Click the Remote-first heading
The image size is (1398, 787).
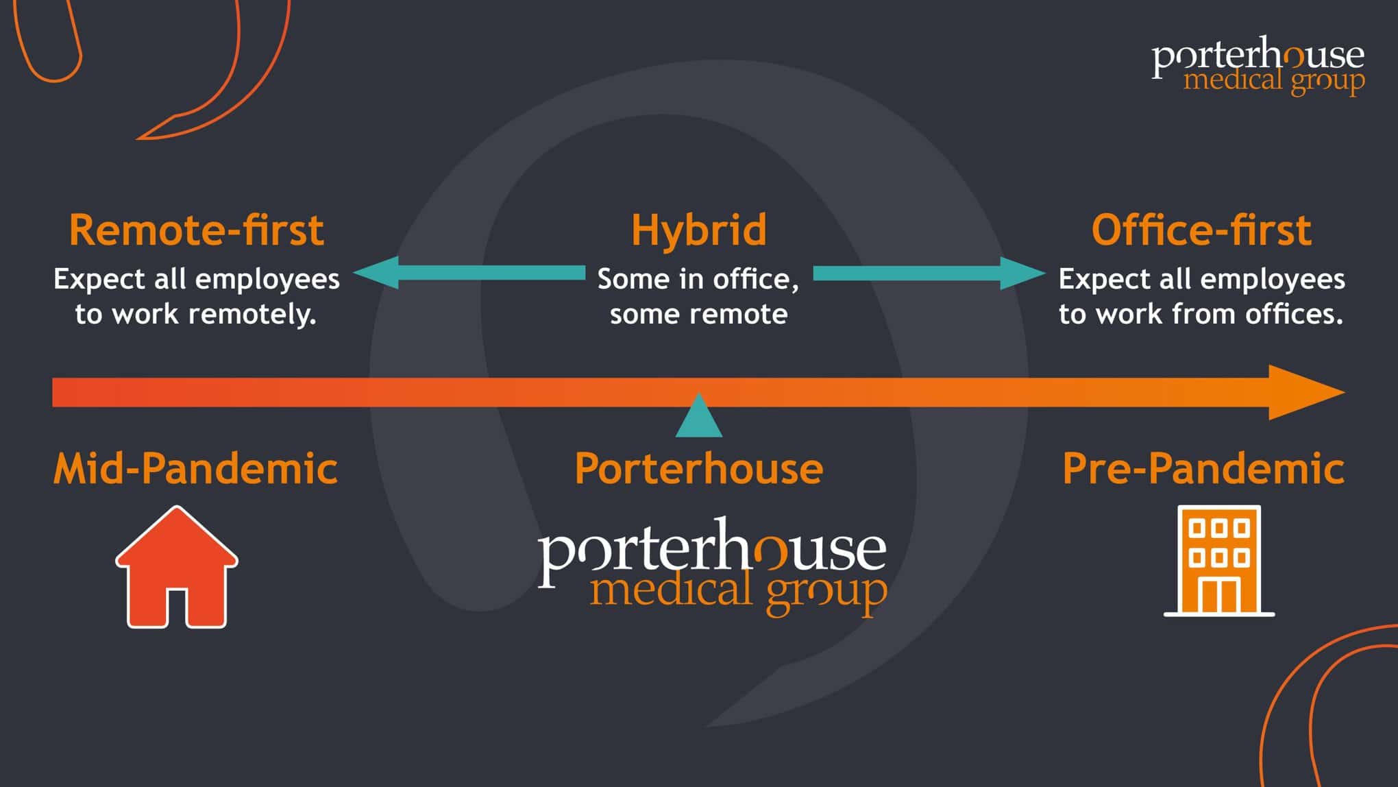(x=196, y=230)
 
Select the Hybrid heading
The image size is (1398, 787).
(x=698, y=230)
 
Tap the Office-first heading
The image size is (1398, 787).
(x=1201, y=230)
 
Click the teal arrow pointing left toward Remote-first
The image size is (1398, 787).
(x=469, y=273)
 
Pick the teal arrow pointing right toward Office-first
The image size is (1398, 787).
(x=929, y=273)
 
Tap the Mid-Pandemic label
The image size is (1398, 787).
(x=195, y=469)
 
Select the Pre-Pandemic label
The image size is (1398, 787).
(x=1203, y=469)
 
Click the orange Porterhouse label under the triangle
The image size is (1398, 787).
(x=698, y=469)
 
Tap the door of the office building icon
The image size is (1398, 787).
(x=1218, y=595)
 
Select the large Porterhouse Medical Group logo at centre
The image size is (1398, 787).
(x=712, y=566)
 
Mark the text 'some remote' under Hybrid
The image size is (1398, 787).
(x=698, y=314)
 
